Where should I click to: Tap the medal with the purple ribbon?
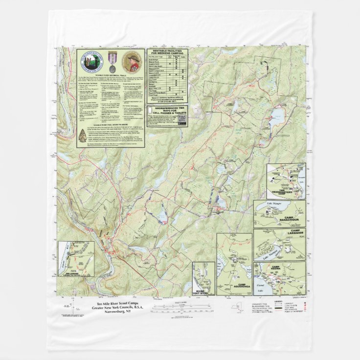(x=111, y=62)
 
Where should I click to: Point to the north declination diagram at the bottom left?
(x=67, y=309)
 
